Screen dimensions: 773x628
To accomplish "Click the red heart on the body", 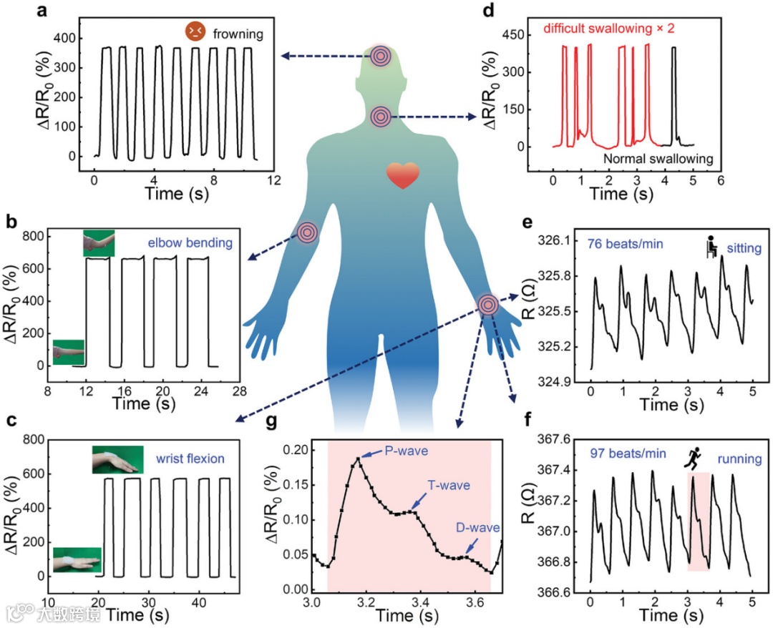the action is point(402,175).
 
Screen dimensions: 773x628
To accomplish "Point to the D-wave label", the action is point(477,529).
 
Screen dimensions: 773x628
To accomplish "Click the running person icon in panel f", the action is point(694,455).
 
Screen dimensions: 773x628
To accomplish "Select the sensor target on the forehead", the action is point(381,56).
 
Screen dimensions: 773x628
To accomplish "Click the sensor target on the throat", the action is point(381,116).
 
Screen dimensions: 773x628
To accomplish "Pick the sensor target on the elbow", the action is point(308,232).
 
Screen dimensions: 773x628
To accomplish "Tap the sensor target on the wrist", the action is point(488,305).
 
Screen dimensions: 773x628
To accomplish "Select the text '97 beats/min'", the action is point(628,453).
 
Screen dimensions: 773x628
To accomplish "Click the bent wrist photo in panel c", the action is point(117,460).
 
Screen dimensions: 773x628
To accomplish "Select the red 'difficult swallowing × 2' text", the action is point(609,29).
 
